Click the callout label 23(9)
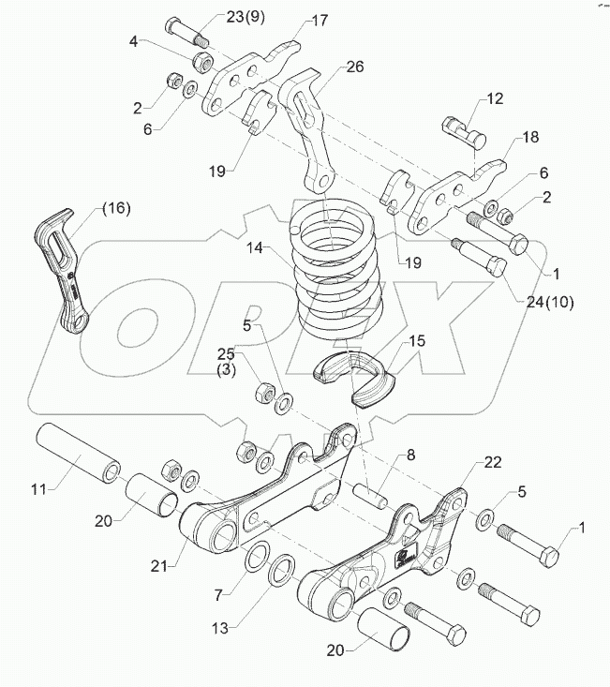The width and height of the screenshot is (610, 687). pos(220,17)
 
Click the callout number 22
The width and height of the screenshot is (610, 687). pos(493,463)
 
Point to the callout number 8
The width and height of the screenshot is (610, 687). pos(409,457)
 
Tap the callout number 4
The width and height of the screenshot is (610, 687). pos(134,41)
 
